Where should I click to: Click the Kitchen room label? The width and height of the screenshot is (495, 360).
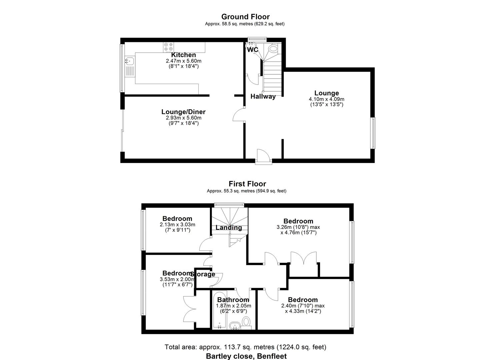[183, 55]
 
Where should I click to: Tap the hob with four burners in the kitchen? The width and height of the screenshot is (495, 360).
[168, 47]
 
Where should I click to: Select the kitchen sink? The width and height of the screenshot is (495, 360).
[130, 61]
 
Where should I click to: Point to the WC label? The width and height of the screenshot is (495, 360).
[253, 50]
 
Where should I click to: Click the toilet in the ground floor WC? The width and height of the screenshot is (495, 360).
[273, 49]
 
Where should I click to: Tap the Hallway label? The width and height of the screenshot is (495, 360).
[263, 97]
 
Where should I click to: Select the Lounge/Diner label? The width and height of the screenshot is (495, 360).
[183, 112]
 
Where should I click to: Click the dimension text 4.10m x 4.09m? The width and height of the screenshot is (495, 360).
[326, 99]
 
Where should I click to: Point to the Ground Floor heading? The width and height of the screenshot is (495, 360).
[245, 17]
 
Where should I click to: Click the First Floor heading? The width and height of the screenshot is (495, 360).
[247, 184]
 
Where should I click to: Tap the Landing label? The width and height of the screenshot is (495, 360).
[229, 228]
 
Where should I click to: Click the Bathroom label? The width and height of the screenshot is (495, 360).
[233, 300]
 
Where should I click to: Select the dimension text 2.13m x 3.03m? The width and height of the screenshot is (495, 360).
[177, 225]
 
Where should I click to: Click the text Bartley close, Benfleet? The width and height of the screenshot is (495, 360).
[246, 356]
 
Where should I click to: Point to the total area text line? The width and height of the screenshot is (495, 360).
[245, 347]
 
